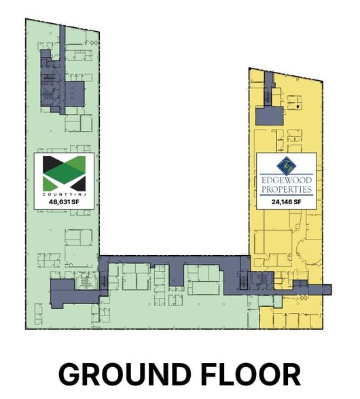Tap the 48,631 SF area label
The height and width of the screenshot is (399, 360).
tap(64, 201)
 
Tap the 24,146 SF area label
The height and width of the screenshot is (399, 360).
tap(286, 202)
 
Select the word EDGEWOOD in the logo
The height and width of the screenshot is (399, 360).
tap(286, 180)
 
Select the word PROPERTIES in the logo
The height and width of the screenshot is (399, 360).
tap(286, 190)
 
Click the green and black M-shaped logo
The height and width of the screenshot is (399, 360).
tap(64, 173)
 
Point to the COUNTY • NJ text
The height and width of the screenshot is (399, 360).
tap(64, 193)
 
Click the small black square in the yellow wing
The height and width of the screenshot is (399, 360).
tap(297, 107)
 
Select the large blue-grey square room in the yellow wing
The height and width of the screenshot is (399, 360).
tap(266, 115)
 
